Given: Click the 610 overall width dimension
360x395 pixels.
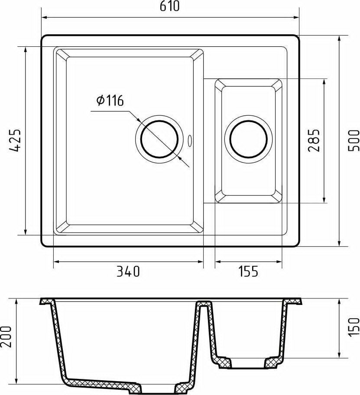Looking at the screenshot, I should [170, 6].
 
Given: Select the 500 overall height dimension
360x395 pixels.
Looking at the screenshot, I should [354, 140].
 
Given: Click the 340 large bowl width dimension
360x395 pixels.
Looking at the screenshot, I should [128, 272].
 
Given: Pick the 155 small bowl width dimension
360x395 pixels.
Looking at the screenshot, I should [248, 272].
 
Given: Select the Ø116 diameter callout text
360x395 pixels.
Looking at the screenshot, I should [110, 101].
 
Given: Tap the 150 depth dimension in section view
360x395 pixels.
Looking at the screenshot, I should [354, 327].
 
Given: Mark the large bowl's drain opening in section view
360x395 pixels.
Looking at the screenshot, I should [158, 387].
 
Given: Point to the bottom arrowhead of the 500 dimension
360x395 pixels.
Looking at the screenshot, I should [339, 243].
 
